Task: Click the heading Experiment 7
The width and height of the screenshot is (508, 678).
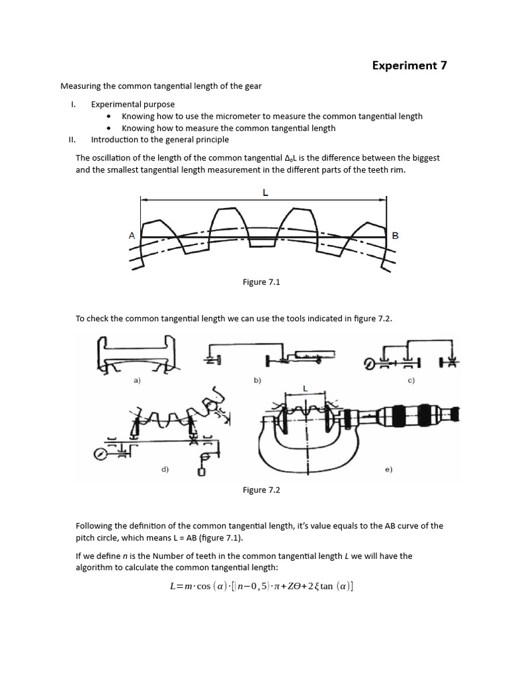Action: (404, 65)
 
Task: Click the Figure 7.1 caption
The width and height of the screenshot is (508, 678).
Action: (262, 282)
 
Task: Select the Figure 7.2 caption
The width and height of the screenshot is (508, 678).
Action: (262, 490)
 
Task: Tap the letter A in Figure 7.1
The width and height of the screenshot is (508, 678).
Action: (132, 235)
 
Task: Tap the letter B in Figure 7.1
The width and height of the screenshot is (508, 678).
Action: (396, 235)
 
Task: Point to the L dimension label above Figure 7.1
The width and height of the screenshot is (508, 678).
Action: (265, 192)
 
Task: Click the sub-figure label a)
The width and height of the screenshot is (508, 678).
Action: (137, 381)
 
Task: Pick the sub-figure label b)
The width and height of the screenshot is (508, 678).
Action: (257, 381)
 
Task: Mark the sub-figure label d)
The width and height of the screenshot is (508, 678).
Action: (165, 469)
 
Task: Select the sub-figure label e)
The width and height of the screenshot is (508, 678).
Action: (388, 469)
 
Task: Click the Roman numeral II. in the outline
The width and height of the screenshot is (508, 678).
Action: (73, 140)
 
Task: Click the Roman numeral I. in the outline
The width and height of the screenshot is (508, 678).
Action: (74, 104)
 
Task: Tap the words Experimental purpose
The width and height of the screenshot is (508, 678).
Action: (133, 104)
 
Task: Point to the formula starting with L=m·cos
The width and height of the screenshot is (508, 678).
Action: (261, 587)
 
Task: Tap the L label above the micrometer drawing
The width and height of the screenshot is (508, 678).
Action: (305, 387)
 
